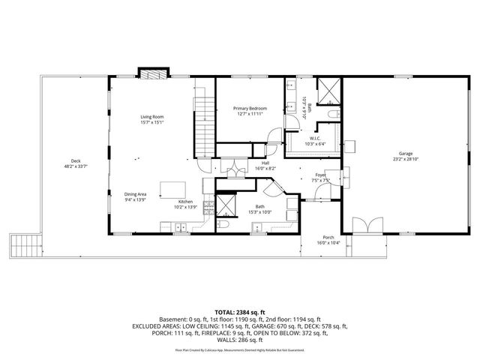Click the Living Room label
[x=151, y=117]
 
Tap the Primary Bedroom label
[x=250, y=109]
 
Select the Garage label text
[x=406, y=153]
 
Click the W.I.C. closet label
[x=315, y=138]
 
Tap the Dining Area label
[x=136, y=194]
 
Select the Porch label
[x=328, y=238]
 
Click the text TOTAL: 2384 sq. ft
[x=240, y=311]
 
